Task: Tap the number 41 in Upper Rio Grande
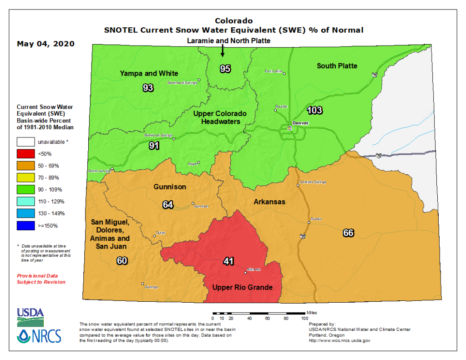click(228, 261)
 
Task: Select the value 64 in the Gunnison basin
click(168, 204)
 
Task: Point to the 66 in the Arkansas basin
click(348, 233)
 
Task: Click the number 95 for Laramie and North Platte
click(225, 69)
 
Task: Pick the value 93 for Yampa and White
click(148, 88)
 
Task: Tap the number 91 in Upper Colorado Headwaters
click(154, 146)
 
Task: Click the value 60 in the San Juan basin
click(122, 261)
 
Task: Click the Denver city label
click(301, 123)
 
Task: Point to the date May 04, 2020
click(46, 44)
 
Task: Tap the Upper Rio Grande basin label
click(243, 287)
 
